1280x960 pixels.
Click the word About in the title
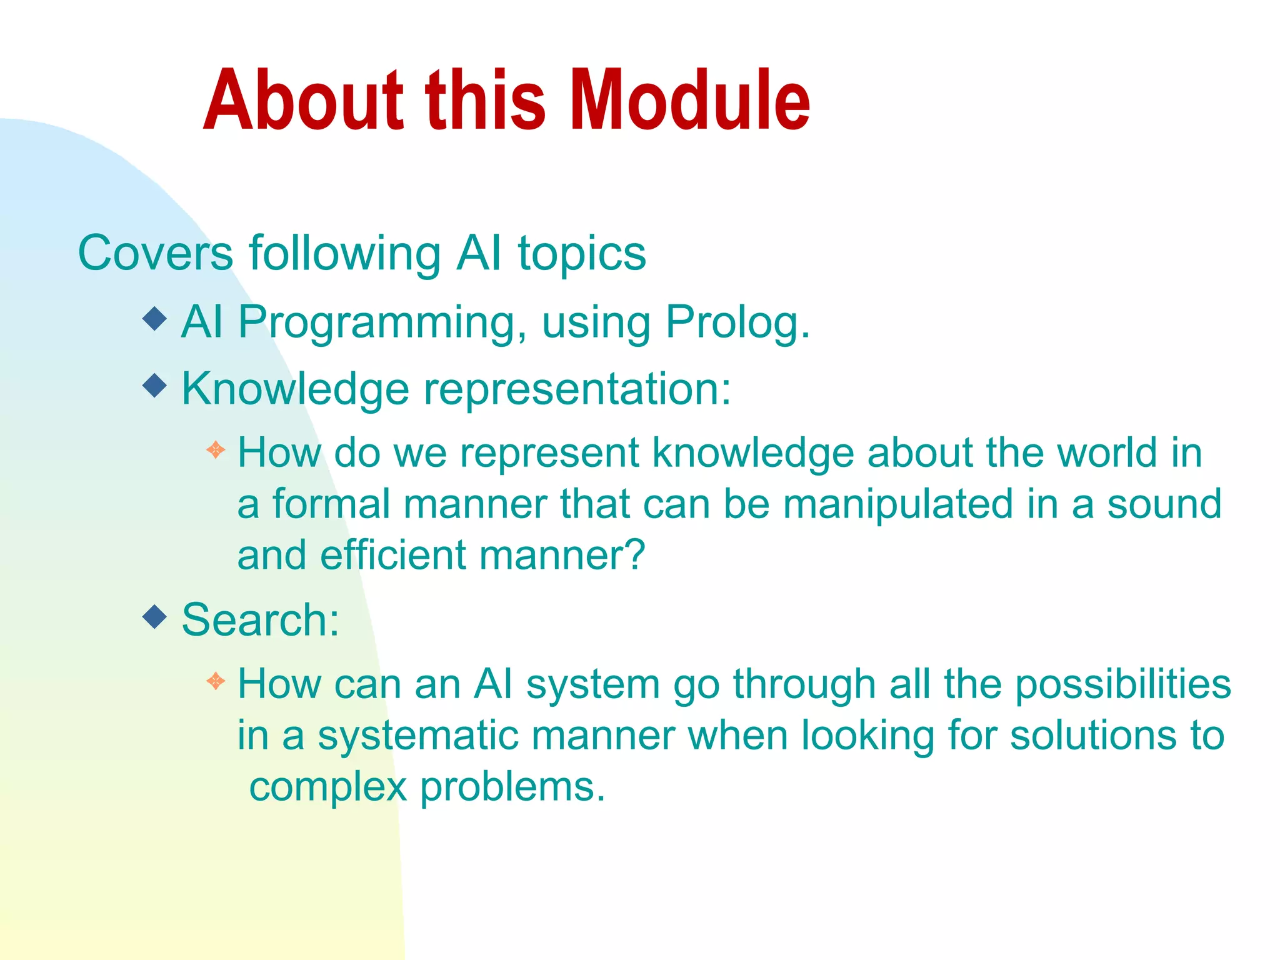pyautogui.click(x=304, y=101)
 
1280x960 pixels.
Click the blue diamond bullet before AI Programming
pyautogui.click(x=154, y=319)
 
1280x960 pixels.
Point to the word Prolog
pyautogui.click(x=736, y=323)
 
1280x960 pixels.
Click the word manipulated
pyautogui.click(x=897, y=505)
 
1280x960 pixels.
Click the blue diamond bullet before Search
pyautogui.click(x=154, y=617)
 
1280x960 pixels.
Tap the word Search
pyautogui.click(x=259, y=620)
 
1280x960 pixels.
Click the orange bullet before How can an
pyautogui.click(x=216, y=681)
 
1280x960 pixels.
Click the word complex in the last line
pyautogui.click(x=327, y=787)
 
